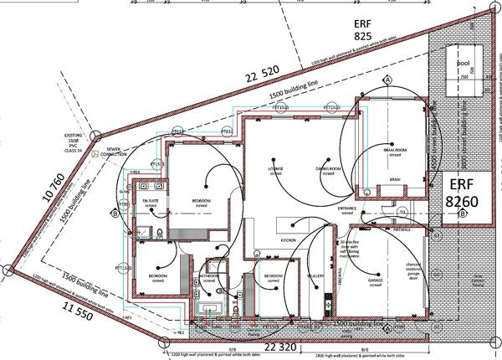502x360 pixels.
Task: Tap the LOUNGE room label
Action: coord(276,169)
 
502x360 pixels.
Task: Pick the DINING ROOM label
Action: coord(327,169)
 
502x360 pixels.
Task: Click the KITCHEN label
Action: coord(289,240)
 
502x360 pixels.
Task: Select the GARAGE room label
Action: coord(376,282)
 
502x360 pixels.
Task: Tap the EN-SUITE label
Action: coord(151,203)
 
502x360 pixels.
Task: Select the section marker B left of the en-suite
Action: coord(114,213)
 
